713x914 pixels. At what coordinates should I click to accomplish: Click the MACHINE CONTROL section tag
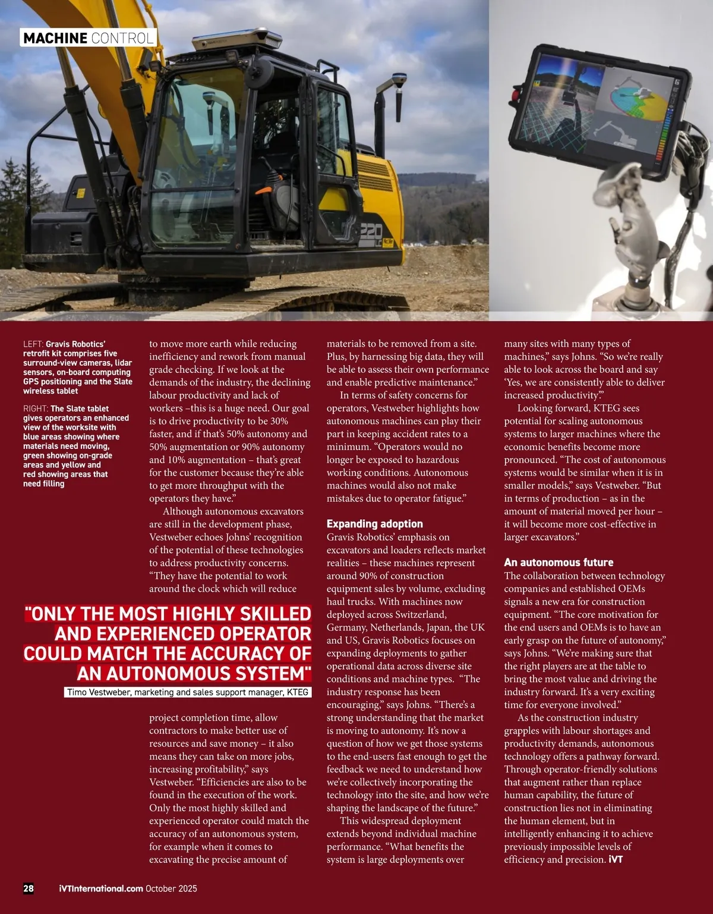[89, 39]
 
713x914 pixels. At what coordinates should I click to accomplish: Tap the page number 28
[29, 888]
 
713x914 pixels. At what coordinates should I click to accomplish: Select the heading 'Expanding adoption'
[374, 524]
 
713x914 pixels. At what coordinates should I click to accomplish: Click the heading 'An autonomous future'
[559, 563]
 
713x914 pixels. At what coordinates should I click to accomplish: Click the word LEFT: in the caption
[33, 344]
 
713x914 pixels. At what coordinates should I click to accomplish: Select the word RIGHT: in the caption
[35, 409]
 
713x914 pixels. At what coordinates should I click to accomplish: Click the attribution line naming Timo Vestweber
[188, 692]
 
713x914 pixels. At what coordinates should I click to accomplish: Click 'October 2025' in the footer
[171, 888]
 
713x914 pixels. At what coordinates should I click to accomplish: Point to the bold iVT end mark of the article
[616, 860]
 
